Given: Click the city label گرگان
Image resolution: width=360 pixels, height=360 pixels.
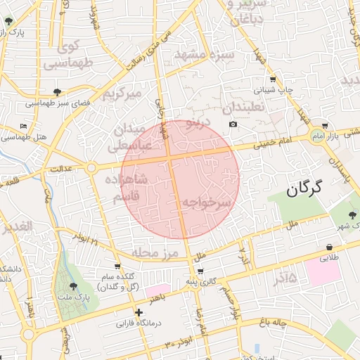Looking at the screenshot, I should pos(304,188).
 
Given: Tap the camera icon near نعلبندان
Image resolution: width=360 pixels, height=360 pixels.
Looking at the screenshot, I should pos(233,124).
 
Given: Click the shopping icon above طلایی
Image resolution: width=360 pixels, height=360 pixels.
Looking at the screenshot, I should pos(329,247).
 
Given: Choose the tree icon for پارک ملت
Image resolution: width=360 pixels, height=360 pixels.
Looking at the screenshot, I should pos(74,285).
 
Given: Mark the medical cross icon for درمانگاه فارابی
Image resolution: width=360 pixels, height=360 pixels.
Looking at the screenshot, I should pos(139,312).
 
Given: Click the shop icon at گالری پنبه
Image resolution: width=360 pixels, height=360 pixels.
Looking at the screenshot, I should pos(201,271).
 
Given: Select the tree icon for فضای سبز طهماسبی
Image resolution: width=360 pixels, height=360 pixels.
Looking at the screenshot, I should pos(57,91).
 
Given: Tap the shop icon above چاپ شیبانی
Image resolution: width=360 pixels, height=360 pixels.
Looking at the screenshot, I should pos(273,79).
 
